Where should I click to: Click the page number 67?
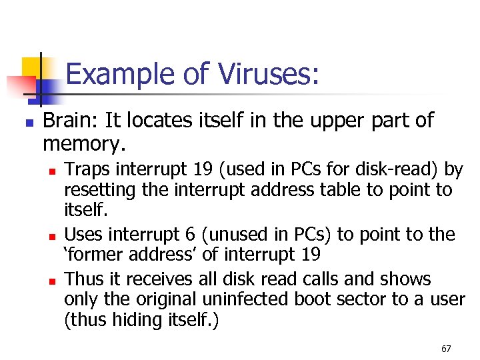pos(446,349)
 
